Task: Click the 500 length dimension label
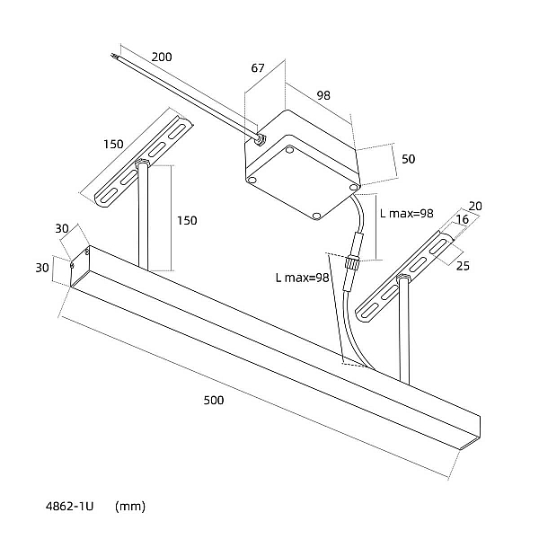tap(214, 400)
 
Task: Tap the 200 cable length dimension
tap(162, 57)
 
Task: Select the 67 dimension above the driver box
tap(258, 68)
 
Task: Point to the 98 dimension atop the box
tap(323, 95)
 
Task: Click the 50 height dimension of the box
tap(409, 159)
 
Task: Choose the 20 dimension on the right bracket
tap(475, 206)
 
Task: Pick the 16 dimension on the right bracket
tap(463, 219)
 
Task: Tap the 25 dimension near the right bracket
tap(463, 266)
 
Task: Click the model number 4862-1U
tap(69, 507)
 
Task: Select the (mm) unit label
tap(130, 507)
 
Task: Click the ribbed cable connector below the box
tap(351, 262)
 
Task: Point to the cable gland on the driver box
tap(261, 139)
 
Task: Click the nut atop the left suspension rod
tap(142, 162)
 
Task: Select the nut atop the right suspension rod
tap(403, 277)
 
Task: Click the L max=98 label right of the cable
tap(407, 214)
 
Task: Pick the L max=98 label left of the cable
tap(302, 278)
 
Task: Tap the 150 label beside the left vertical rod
tap(187, 220)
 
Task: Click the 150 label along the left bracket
tap(113, 144)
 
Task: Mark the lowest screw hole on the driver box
tap(317, 216)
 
